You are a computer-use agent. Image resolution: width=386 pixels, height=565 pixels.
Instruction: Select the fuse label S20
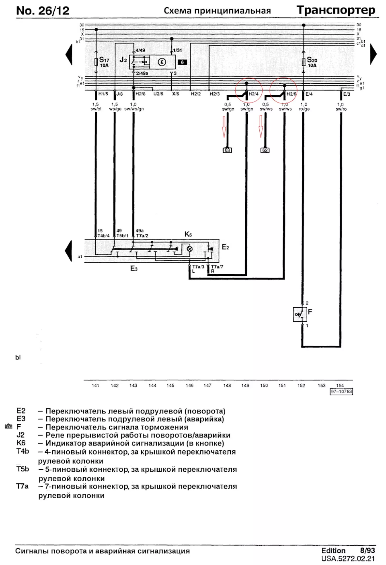click(x=312, y=60)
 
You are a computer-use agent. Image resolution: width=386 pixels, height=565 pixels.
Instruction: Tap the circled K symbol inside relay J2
click(x=162, y=62)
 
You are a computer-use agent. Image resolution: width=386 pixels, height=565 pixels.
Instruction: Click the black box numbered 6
click(x=182, y=62)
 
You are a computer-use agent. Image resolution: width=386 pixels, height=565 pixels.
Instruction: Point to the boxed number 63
click(x=227, y=150)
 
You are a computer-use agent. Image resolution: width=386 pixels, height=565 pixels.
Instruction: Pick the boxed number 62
click(x=265, y=150)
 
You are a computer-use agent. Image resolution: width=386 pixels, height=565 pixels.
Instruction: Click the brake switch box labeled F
click(x=300, y=314)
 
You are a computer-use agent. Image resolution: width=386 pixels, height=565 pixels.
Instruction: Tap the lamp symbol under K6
click(x=189, y=249)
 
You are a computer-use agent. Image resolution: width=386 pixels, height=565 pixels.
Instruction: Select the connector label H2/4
click(x=254, y=94)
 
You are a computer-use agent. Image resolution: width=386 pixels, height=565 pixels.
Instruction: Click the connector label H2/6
click(x=291, y=94)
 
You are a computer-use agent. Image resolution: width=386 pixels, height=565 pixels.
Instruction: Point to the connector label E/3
click(x=347, y=94)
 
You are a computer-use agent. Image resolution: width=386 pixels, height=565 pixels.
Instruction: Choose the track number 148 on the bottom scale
click(x=227, y=385)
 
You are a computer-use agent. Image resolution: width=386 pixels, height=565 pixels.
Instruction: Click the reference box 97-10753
click(x=341, y=392)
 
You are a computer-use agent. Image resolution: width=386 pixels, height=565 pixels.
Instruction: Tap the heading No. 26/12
click(x=43, y=11)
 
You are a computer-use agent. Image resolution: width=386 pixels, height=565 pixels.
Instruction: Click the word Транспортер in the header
click(x=336, y=10)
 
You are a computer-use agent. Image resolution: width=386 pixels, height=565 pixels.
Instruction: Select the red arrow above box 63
click(x=224, y=126)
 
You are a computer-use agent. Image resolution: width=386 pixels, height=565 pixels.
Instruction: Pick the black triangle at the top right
click(x=373, y=54)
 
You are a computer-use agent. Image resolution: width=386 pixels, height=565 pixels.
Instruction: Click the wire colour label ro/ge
click(x=304, y=109)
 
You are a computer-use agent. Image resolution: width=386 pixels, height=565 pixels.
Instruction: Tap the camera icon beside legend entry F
click(x=8, y=426)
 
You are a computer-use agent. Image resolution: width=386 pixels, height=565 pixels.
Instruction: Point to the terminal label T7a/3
click(x=198, y=267)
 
